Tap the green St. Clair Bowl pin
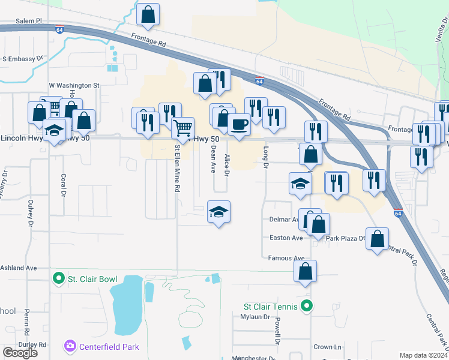click(x=58, y=278)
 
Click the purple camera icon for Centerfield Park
click(x=70, y=346)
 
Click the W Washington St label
click(x=73, y=86)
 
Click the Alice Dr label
click(x=227, y=165)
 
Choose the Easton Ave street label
click(x=286, y=238)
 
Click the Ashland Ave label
click(x=19, y=268)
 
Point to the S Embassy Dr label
click(x=23, y=59)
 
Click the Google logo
click(x=20, y=353)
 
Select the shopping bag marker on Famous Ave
click(x=306, y=271)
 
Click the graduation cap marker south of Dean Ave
click(x=219, y=211)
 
